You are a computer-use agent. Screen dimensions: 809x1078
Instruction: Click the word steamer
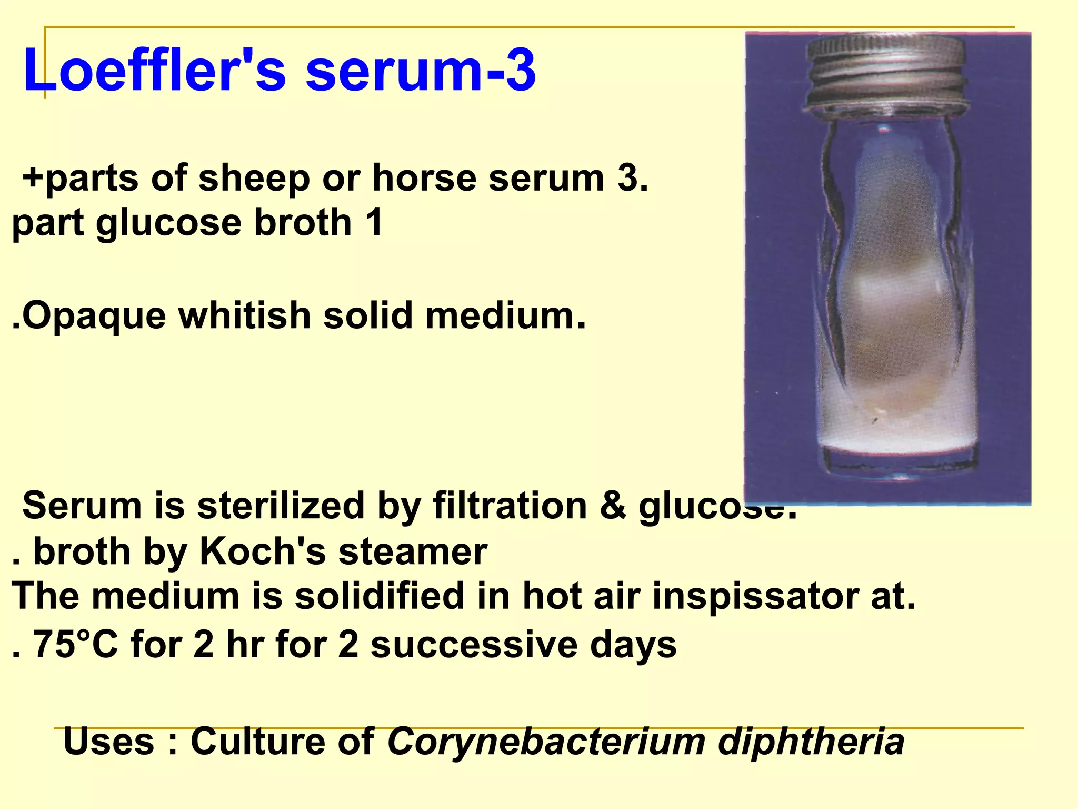pos(413,553)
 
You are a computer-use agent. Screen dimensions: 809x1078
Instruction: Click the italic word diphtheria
pos(811,742)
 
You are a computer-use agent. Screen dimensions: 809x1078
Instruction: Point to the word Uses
pos(108,742)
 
